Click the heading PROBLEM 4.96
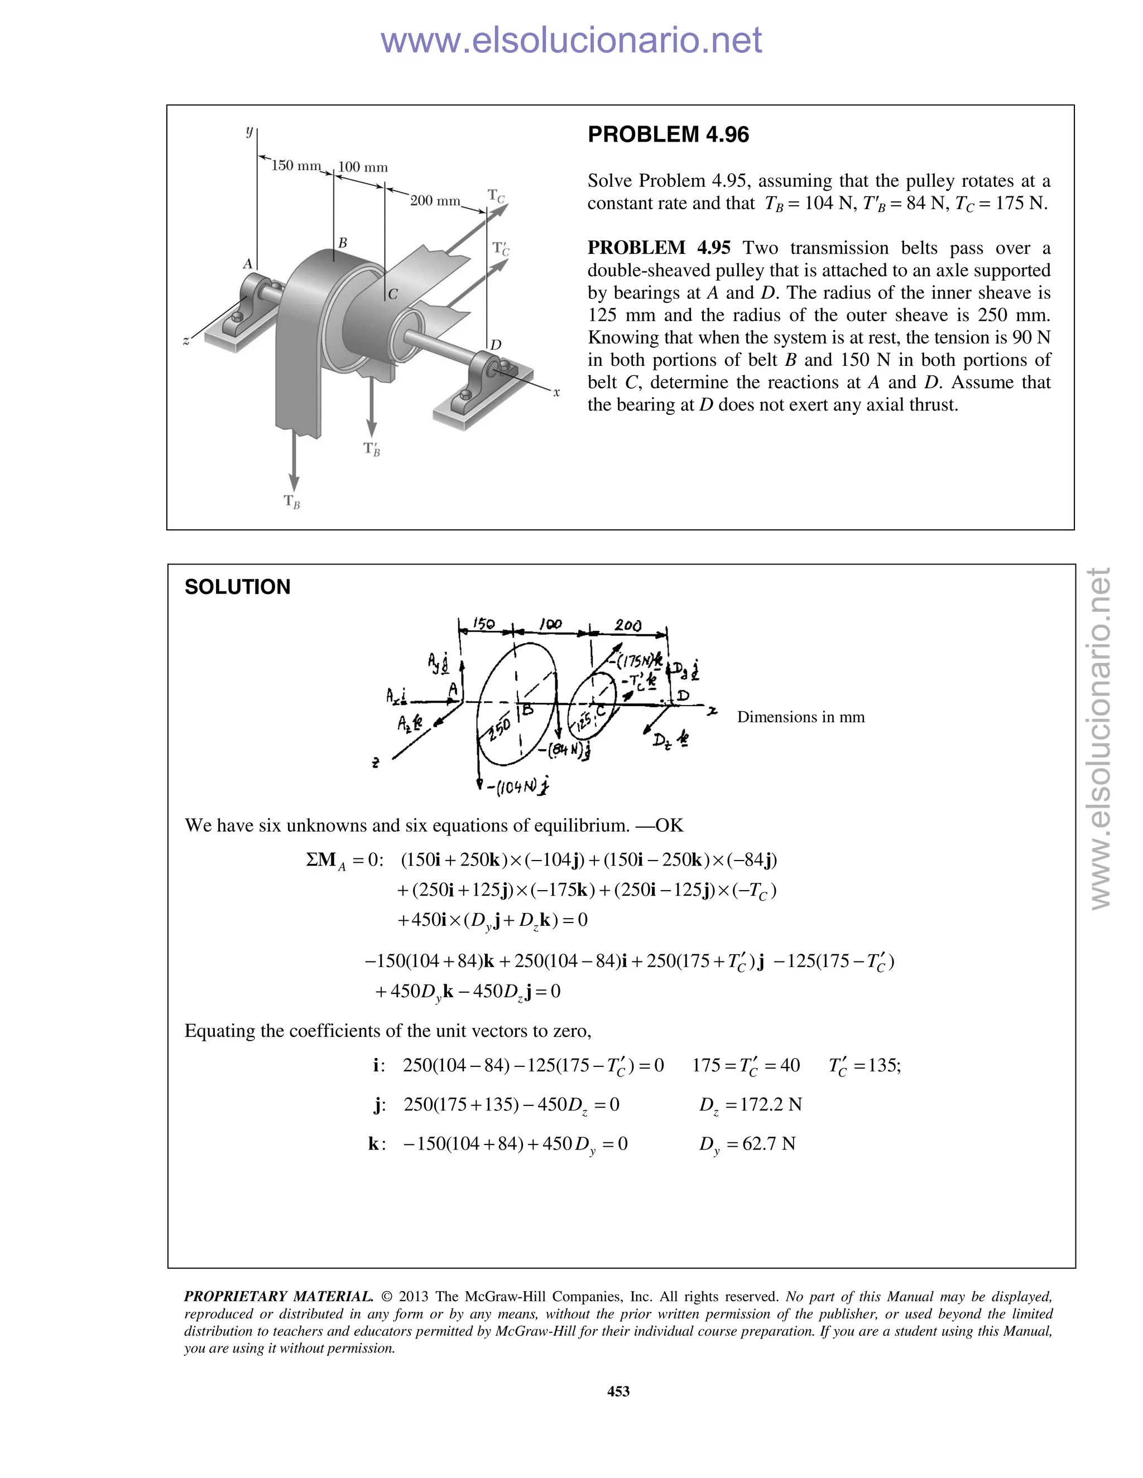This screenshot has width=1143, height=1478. click(667, 134)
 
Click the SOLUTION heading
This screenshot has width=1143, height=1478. click(237, 587)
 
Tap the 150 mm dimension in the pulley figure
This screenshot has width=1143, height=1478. click(296, 166)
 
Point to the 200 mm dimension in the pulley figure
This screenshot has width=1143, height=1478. click(435, 201)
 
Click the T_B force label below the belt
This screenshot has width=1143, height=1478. click(292, 501)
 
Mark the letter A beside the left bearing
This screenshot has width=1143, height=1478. click(248, 264)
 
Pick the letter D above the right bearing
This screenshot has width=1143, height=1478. click(496, 345)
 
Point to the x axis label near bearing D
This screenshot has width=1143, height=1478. click(556, 392)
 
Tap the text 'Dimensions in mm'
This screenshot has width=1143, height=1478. click(800, 717)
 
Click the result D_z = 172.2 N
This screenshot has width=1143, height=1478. click(750, 1105)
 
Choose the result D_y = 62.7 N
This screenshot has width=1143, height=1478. click(747, 1144)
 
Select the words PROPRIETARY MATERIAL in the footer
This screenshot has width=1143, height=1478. click(278, 1297)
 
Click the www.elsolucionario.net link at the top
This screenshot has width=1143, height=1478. click(571, 41)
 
